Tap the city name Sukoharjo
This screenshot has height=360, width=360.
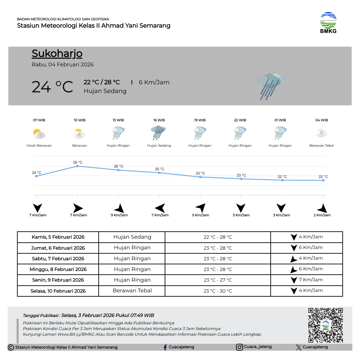(57, 54)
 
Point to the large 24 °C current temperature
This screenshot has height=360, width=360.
(52, 87)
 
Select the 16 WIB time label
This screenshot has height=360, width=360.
(159, 120)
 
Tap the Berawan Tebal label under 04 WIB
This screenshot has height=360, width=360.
(321, 146)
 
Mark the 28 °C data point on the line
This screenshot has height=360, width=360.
(77, 166)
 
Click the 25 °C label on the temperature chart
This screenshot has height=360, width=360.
(160, 169)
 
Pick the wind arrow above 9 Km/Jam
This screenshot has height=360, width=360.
(119, 208)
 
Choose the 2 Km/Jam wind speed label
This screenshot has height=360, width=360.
(322, 215)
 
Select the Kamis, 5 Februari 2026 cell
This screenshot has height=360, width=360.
(58, 237)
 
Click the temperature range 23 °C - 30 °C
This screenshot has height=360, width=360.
(218, 291)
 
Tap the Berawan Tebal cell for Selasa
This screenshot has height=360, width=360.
(132, 291)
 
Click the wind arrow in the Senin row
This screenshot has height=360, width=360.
(294, 280)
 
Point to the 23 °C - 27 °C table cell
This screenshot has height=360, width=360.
(218, 280)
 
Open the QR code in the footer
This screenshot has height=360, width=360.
(325, 325)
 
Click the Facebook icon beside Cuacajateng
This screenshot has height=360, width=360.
(165, 347)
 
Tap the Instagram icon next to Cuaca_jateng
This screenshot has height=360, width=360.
(239, 347)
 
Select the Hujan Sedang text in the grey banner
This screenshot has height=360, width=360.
(105, 91)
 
